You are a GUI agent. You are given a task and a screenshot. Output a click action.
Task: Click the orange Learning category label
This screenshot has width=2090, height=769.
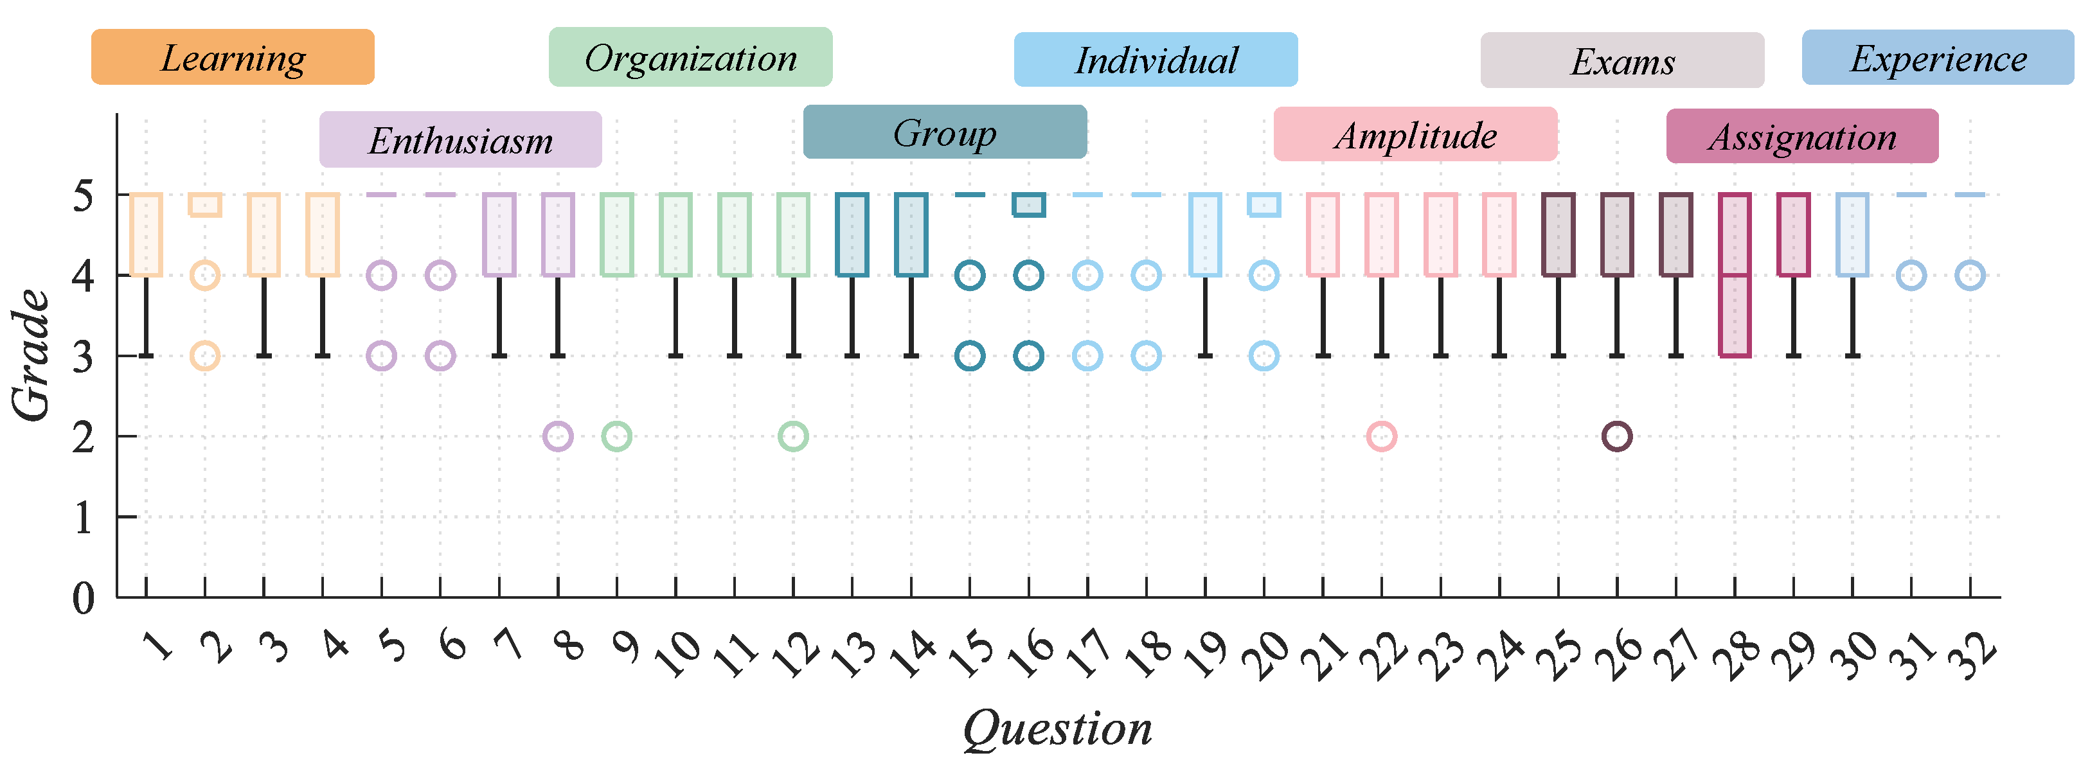[x=232, y=57]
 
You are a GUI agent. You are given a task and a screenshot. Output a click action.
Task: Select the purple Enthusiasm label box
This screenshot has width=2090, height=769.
[x=460, y=139]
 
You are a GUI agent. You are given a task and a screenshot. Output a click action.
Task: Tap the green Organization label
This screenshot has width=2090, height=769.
[x=690, y=57]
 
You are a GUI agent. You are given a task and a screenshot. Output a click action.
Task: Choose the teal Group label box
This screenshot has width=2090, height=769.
[x=944, y=132]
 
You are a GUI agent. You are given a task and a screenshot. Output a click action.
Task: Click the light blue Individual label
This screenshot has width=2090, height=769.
[x=1156, y=59]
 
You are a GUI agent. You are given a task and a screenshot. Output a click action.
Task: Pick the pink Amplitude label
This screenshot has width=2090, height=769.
[x=1415, y=134]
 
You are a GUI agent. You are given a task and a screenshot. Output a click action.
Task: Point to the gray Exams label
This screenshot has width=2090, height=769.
[x=1622, y=60]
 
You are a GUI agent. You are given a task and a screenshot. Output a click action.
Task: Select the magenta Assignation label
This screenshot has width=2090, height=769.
[x=1802, y=136]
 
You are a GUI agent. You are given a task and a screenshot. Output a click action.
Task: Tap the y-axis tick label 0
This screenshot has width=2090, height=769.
[x=83, y=599]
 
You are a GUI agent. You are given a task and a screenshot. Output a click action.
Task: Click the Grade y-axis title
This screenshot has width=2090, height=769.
[x=31, y=355]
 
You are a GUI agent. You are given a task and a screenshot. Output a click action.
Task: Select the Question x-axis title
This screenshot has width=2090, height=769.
[x=1057, y=728]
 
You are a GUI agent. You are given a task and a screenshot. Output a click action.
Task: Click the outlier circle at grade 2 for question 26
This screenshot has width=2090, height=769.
[x=1617, y=436]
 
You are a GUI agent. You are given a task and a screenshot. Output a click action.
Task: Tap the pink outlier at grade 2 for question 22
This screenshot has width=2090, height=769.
[x=1381, y=436]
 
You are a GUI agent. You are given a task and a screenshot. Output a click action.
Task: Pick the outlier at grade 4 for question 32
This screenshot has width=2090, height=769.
[x=1970, y=276]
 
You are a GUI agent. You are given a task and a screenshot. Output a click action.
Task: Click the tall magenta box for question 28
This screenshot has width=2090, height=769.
[x=1735, y=275]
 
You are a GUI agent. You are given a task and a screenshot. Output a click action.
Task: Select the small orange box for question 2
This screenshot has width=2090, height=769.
[x=204, y=204]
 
